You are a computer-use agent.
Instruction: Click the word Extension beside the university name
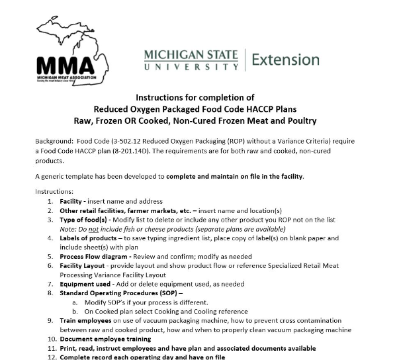(x=286, y=60)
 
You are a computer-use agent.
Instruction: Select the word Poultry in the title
(x=297, y=120)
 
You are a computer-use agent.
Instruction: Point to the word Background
(x=54, y=141)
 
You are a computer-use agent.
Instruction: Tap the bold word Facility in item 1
(x=70, y=201)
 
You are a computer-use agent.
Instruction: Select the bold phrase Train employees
(x=87, y=320)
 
